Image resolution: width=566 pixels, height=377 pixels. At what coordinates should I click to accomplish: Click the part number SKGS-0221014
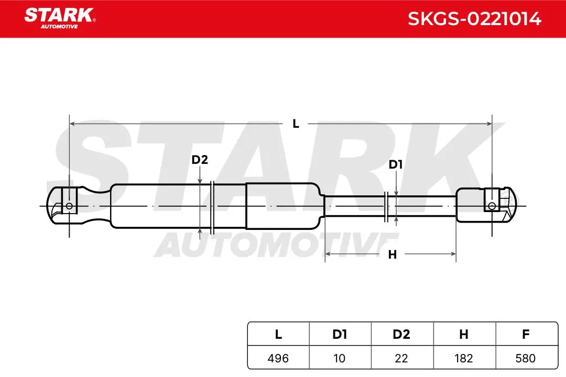coord(474,19)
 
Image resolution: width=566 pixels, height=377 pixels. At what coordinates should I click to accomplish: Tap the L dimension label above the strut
coord(296,124)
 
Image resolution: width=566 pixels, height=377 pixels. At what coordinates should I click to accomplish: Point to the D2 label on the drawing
coord(200,160)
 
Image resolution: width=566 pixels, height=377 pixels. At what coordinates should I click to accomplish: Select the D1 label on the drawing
coord(396,164)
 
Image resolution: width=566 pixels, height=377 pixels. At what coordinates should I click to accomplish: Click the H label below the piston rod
coord(393,254)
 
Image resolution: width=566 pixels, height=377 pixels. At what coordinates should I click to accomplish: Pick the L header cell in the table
coord(278,334)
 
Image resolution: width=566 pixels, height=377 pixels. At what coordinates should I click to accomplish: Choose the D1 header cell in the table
coord(340,334)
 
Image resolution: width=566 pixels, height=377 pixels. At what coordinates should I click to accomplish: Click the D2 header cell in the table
coord(402,334)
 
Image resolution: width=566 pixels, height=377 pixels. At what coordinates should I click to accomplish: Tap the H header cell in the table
coord(464,334)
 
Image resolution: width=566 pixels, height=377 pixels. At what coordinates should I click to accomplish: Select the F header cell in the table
coord(527,334)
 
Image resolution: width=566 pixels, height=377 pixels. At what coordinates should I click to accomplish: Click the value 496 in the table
coord(278,358)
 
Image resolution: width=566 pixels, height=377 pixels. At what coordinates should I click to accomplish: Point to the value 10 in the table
coord(339,358)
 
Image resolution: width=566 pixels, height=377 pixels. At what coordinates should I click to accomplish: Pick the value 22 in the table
coord(401,358)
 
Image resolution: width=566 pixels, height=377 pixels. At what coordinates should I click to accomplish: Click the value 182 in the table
coord(463,358)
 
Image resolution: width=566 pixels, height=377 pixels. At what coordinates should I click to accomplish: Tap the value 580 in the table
coord(526,358)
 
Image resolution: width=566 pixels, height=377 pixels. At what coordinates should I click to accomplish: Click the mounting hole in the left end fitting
coord(69,206)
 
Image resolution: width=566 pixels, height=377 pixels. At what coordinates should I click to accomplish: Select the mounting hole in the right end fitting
coord(492,206)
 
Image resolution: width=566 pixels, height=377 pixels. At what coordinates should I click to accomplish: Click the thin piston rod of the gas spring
coord(390,206)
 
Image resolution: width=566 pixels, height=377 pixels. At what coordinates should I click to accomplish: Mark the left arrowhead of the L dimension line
coord(72,124)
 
